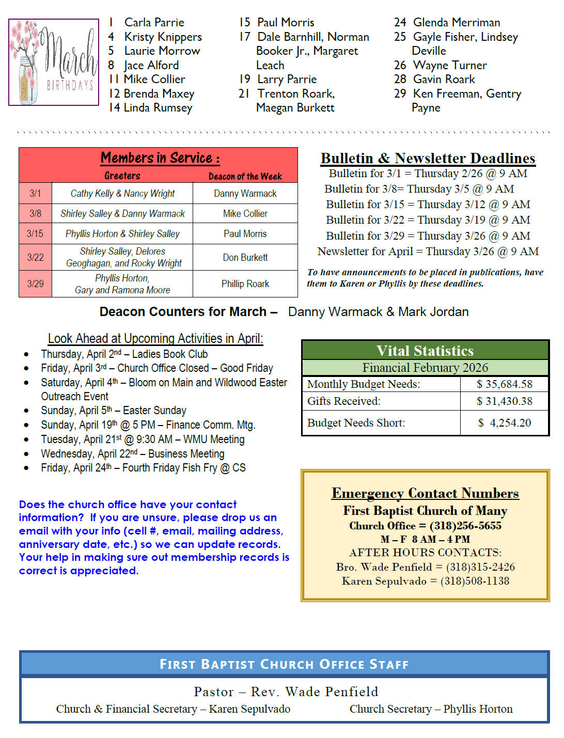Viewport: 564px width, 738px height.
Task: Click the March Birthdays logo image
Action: point(53,62)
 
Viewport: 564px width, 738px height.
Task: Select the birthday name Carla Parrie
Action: point(154,22)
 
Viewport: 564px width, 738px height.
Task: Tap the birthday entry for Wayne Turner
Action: point(449,65)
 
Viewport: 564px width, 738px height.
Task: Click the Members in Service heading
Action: point(160,158)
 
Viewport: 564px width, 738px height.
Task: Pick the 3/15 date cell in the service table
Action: point(35,233)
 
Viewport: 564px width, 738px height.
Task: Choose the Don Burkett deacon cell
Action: point(245,257)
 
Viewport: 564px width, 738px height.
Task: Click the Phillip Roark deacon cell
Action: point(245,284)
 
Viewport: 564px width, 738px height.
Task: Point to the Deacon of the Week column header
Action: point(245,177)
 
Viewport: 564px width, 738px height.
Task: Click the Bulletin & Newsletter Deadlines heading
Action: point(428,158)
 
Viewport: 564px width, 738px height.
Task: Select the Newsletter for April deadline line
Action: point(428,252)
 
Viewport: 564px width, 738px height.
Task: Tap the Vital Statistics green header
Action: point(425,351)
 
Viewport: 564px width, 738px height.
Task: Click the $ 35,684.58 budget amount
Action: point(504,384)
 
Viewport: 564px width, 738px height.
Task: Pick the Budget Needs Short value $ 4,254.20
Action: point(504,423)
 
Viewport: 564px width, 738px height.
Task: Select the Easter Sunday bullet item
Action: point(114,411)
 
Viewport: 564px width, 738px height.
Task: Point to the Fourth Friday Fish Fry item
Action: point(143,468)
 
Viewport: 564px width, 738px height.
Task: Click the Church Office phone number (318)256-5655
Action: point(465,526)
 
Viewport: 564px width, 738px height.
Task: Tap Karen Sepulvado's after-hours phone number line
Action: point(425,581)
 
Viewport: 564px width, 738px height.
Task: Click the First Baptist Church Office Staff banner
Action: point(284,664)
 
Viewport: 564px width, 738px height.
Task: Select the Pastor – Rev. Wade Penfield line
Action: point(286,692)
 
